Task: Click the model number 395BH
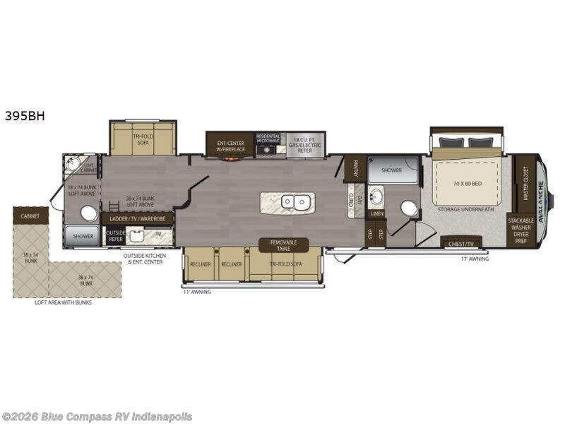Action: pyautogui.click(x=25, y=116)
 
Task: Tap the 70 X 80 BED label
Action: pyautogui.click(x=467, y=184)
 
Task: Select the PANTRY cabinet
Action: pyautogui.click(x=355, y=168)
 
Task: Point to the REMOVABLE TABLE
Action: pyautogui.click(x=283, y=245)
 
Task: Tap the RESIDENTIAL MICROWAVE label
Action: pyautogui.click(x=268, y=139)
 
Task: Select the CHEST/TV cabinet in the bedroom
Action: pyautogui.click(x=461, y=243)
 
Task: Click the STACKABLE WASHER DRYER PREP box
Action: pyautogui.click(x=521, y=230)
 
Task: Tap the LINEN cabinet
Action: pyautogui.click(x=376, y=213)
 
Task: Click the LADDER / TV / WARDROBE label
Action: pyautogui.click(x=137, y=219)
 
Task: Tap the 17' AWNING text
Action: pyautogui.click(x=475, y=259)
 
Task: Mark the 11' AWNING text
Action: pyautogui.click(x=197, y=291)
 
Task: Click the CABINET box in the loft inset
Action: pyautogui.click(x=30, y=215)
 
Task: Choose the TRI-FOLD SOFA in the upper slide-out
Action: pyautogui.click(x=143, y=138)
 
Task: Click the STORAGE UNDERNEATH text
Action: pyautogui.click(x=465, y=209)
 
